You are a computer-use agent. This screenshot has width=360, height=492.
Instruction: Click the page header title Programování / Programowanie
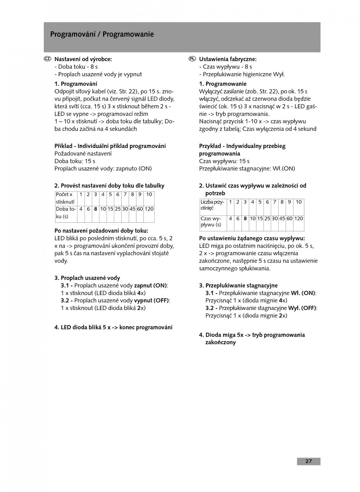tap(102, 34)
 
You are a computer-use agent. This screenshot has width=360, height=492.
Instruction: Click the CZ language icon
tap(47, 59)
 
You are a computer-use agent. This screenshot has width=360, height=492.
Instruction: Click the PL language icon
tap(192, 59)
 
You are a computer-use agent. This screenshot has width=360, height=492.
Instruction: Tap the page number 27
tap(308, 461)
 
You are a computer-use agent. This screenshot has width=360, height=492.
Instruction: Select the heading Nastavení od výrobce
tap(83, 59)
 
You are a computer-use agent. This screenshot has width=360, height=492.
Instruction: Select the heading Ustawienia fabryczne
tap(228, 59)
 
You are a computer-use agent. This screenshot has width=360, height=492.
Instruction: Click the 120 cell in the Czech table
tap(149, 209)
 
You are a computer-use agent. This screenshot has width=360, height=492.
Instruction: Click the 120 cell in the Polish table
tap(299, 218)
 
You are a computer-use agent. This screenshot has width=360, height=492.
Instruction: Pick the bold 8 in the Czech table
tap(95, 209)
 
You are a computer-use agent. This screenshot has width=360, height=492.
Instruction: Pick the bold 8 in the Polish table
tap(245, 218)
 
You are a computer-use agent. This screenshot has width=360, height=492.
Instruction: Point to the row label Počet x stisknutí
tap(65, 198)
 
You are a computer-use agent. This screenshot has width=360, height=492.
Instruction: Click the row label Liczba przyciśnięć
tap(212, 205)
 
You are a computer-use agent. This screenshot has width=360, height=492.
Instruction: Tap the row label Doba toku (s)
tap(65, 213)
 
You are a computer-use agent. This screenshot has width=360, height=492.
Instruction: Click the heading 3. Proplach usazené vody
tap(87, 278)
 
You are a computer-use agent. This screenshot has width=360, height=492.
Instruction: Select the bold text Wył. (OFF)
tap(302, 308)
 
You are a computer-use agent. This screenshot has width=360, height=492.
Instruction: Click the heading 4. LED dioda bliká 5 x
tap(113, 327)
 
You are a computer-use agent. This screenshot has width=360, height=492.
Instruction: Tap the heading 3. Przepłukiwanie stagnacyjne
tap(238, 285)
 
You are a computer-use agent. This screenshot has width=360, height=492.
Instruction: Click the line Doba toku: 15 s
tap(75, 161)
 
